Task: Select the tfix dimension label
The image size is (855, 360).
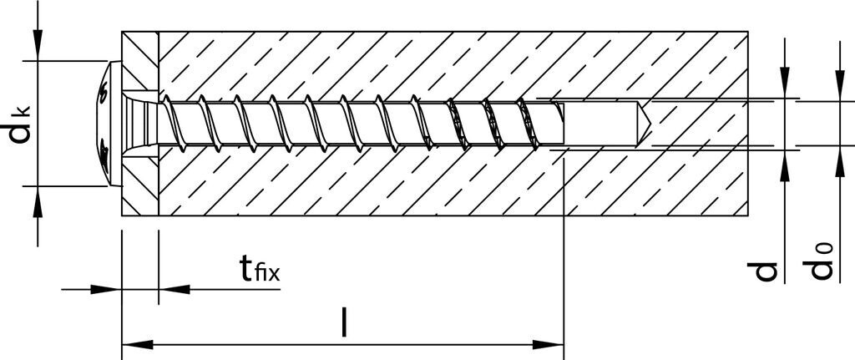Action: point(259,269)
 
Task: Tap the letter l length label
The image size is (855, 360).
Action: point(344,322)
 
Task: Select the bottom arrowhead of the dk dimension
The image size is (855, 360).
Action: point(37,199)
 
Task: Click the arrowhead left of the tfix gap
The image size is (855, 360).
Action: point(107,289)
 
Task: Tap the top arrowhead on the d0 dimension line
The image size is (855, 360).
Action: point(838,89)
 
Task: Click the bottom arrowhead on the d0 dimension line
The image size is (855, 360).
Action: point(838,165)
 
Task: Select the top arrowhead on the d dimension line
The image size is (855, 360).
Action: point(786,87)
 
